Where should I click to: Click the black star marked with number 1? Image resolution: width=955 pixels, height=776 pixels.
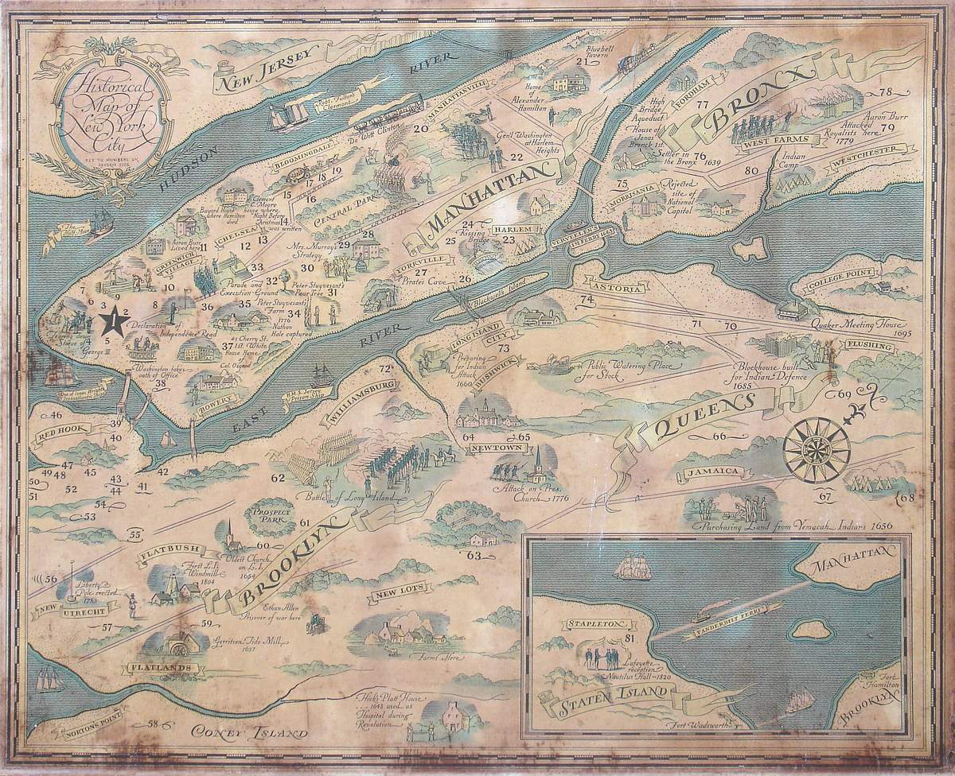click(116, 321)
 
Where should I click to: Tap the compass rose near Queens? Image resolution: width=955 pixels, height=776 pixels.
click(817, 450)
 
